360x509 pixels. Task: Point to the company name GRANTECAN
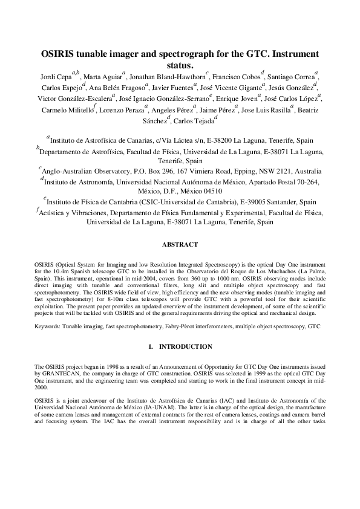[67, 375]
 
